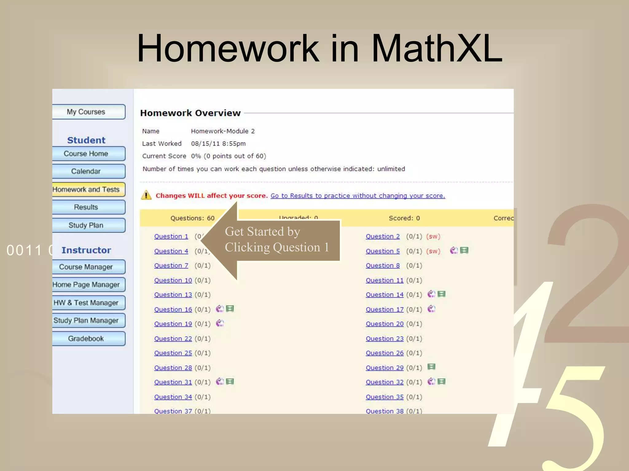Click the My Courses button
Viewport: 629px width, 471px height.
click(x=86, y=112)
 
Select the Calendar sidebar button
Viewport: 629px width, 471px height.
click(x=86, y=171)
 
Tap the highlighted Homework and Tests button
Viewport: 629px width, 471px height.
click(x=86, y=190)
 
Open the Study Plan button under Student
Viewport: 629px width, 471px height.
click(x=86, y=225)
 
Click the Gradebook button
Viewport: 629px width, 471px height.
click(x=86, y=339)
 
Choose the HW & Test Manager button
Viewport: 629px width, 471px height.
click(x=86, y=303)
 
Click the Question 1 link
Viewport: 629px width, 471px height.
click(x=171, y=236)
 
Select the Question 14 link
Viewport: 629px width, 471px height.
click(x=385, y=295)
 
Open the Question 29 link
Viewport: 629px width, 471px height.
click(x=385, y=368)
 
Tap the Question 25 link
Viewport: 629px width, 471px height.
click(x=173, y=353)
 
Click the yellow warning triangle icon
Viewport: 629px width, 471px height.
click(x=146, y=195)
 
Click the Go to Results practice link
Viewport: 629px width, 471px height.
click(x=357, y=196)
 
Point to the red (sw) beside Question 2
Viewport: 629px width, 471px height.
click(x=433, y=236)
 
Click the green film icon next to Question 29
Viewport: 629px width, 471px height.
click(x=432, y=367)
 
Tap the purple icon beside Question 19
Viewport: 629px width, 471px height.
click(x=220, y=323)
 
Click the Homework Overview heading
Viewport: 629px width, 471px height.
click(x=190, y=113)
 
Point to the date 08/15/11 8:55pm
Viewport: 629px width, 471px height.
click(x=218, y=144)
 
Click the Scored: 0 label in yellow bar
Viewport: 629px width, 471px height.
click(x=404, y=218)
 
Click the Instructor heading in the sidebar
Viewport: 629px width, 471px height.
click(x=86, y=250)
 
